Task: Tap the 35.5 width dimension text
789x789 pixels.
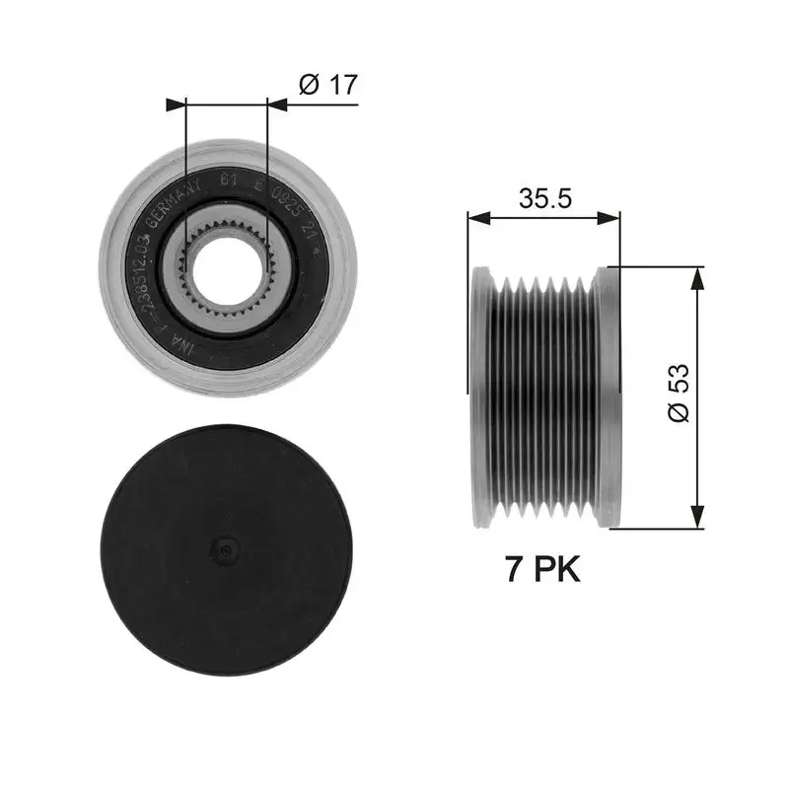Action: (545, 198)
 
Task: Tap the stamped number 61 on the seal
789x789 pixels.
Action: (227, 179)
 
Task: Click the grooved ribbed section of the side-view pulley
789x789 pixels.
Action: (542, 394)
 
